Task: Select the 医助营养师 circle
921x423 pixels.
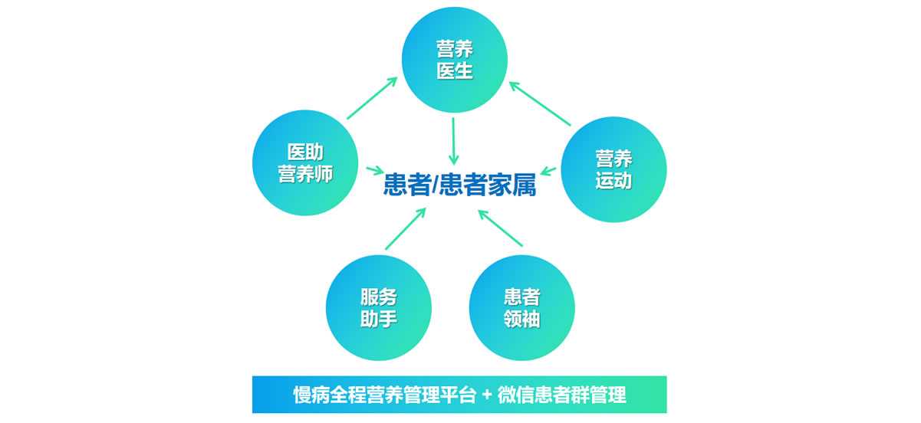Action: pyautogui.click(x=305, y=163)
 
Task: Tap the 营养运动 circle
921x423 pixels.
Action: pyautogui.click(x=613, y=169)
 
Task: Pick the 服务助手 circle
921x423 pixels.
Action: pyautogui.click(x=379, y=308)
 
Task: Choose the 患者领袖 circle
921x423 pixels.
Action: pyautogui.click(x=521, y=308)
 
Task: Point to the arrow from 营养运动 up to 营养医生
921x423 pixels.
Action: pyautogui.click(x=541, y=103)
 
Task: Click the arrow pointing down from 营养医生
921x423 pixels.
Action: pyautogui.click(x=453, y=141)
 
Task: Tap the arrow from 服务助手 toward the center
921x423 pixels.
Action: pyautogui.click(x=405, y=229)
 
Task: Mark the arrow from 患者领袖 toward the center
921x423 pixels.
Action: pyautogui.click(x=500, y=228)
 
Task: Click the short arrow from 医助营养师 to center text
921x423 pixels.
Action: pyautogui.click(x=375, y=169)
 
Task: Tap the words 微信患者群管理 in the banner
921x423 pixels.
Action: pyautogui.click(x=562, y=395)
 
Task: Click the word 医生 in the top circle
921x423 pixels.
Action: pyautogui.click(x=455, y=71)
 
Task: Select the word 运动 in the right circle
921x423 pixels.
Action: pyautogui.click(x=613, y=181)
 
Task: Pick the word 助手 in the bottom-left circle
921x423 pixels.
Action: pyautogui.click(x=379, y=319)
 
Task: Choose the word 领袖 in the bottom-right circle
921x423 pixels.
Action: pyautogui.click(x=521, y=319)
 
